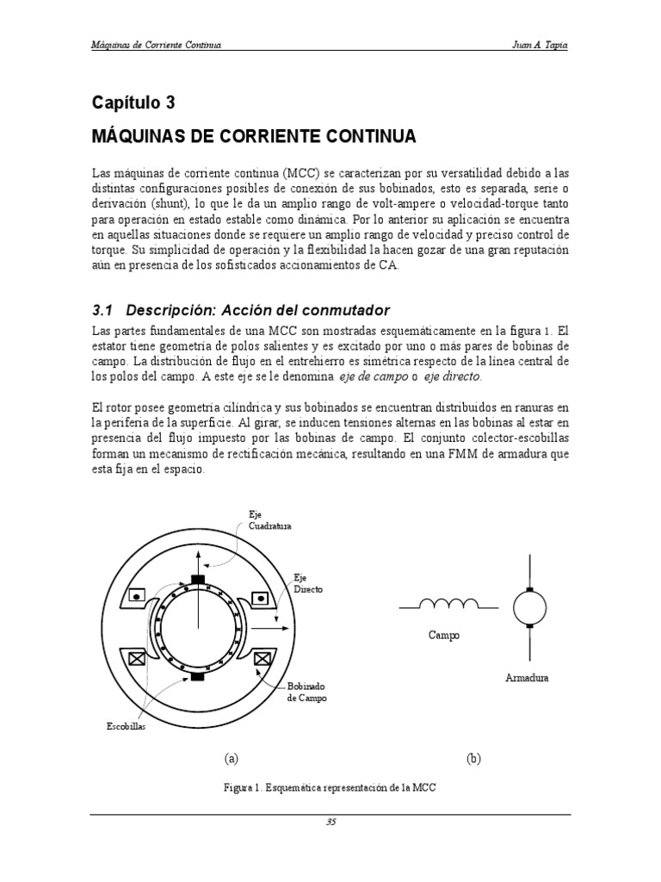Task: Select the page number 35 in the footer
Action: (x=330, y=822)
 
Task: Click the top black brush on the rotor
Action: (x=198, y=579)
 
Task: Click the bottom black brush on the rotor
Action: (x=198, y=677)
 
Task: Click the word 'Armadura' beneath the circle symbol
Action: (x=527, y=678)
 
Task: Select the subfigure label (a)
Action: (x=230, y=759)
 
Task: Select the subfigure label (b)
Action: (x=473, y=759)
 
